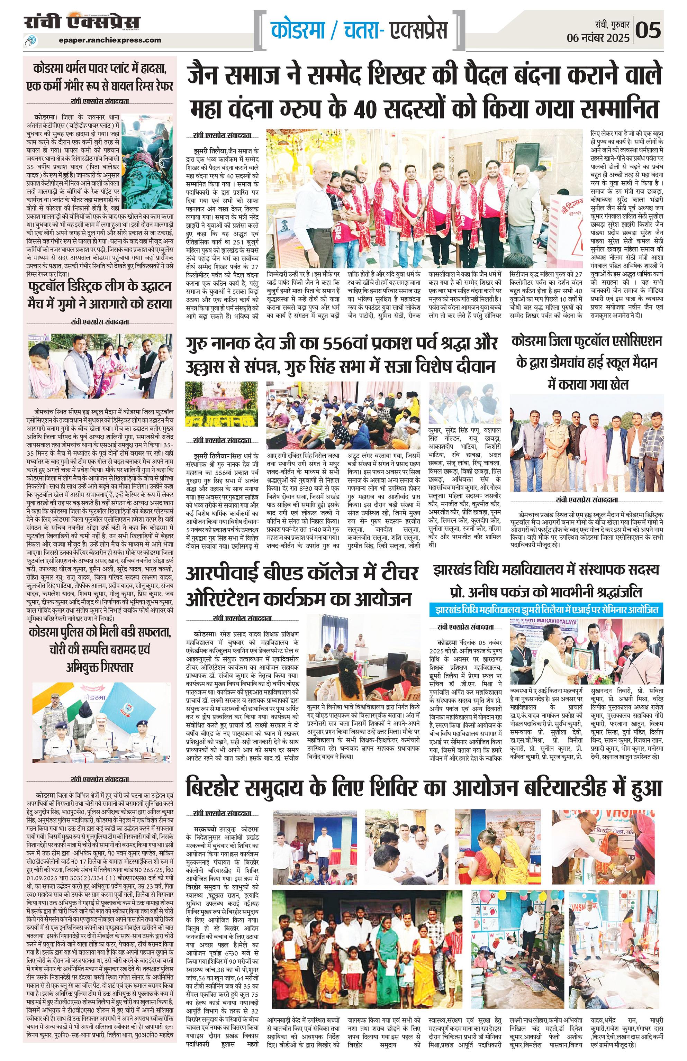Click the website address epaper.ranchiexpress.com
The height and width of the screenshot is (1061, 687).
point(110,40)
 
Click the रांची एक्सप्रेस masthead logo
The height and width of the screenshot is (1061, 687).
point(82,22)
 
